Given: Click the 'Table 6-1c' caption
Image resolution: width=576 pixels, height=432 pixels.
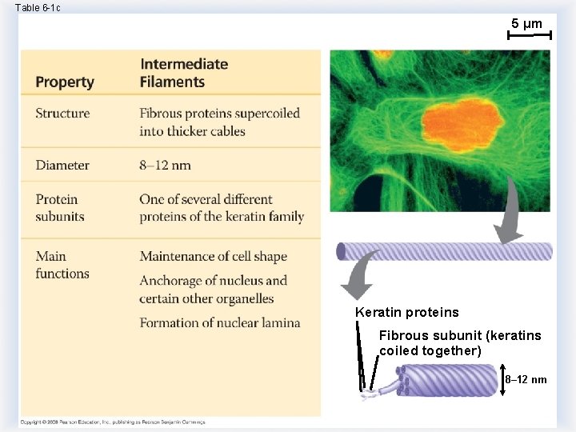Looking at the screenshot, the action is point(38,7).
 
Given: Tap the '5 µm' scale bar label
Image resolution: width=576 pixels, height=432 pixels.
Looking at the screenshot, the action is point(526,24).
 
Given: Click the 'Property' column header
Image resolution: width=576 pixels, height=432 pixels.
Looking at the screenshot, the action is point(65,82).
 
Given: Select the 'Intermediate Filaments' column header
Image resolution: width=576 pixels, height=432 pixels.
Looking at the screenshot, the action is point(183,73).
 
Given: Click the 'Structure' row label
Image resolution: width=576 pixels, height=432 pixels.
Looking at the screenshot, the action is point(62,114).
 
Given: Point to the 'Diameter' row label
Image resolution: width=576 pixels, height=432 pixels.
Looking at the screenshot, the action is point(62,166).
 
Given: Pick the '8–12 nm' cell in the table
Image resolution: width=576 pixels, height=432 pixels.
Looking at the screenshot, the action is point(165,166).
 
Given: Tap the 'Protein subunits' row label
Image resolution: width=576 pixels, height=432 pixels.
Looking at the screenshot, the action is point(59,208).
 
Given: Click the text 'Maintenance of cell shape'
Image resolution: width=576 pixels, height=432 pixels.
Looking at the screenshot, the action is point(213,257).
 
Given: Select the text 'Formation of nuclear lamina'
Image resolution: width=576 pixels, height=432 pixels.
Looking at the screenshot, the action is point(220,323).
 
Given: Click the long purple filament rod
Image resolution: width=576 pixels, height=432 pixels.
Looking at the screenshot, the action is point(445,251).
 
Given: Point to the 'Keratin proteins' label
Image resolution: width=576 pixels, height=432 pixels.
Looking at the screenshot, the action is point(407,312).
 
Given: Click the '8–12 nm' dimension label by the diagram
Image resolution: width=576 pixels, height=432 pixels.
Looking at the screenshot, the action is point(526,379).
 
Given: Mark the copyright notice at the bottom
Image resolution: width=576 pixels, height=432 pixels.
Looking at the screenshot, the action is point(112,422).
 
